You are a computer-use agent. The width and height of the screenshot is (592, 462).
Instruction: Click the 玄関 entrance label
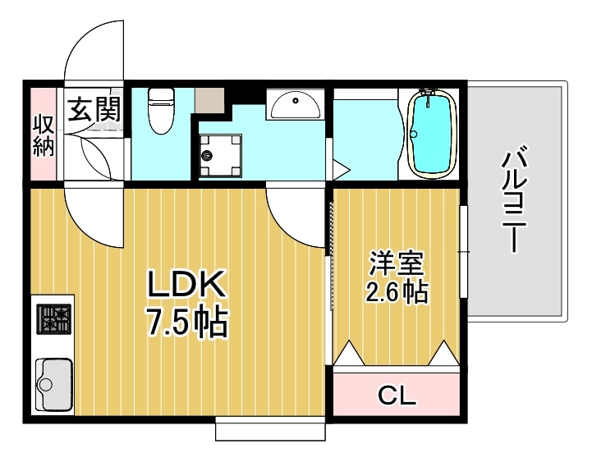[94, 107]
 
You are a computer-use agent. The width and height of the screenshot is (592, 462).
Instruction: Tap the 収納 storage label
[44, 135]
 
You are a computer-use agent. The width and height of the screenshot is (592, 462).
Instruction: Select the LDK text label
[186, 285]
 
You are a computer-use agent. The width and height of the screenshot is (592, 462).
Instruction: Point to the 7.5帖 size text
[187, 322]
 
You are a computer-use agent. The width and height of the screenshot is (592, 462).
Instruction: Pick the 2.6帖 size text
[397, 291]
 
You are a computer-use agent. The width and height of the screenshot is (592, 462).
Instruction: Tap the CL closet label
[397, 397]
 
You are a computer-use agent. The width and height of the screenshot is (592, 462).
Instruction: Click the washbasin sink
[296, 104]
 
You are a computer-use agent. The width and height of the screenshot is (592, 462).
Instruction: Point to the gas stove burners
[55, 318]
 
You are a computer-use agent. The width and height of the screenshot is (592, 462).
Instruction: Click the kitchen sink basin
[53, 383]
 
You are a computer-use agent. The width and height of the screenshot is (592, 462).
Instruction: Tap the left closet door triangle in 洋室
[349, 354]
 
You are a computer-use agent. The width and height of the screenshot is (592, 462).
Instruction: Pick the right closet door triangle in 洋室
[444, 354]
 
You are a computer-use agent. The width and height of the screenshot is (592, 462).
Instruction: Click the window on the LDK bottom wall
[270, 428]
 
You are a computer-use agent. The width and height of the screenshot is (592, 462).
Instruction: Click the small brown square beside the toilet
[211, 99]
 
